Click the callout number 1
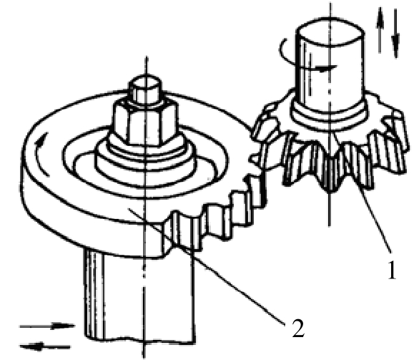392,269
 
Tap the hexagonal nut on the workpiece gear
146,122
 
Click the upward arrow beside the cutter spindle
380,30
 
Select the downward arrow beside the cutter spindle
395,34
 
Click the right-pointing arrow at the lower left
47,326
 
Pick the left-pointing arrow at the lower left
46,347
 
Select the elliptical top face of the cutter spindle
330,30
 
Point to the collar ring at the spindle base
330,117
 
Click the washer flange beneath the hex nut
146,160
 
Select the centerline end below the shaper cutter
329,225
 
